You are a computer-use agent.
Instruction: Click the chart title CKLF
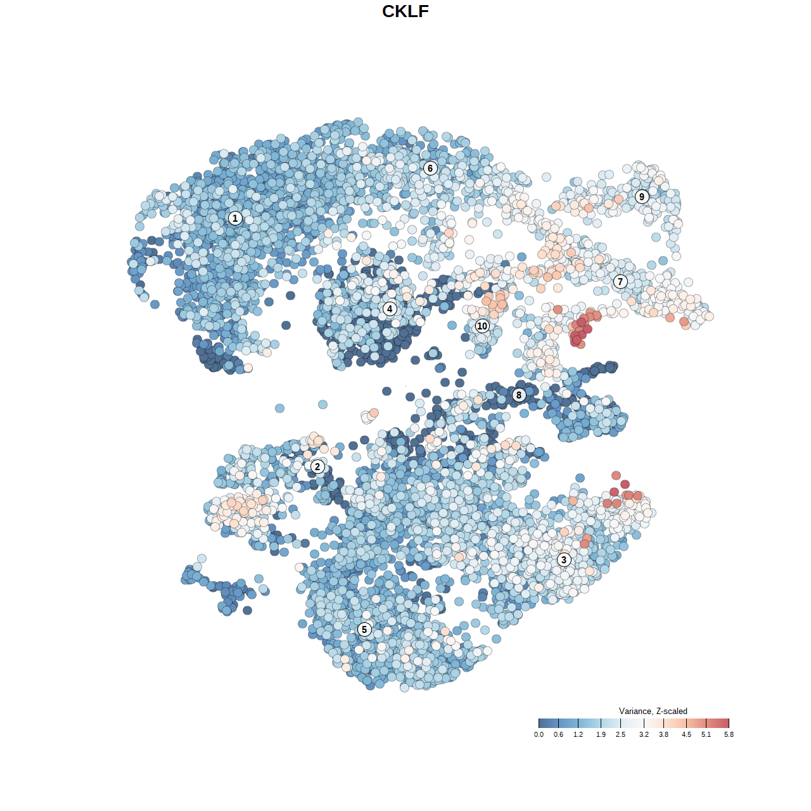pyautogui.click(x=405, y=11)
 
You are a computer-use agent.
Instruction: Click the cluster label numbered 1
pyautogui.click(x=235, y=218)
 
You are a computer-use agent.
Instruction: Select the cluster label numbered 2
pyautogui.click(x=317, y=467)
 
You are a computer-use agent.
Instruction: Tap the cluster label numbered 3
pyautogui.click(x=564, y=559)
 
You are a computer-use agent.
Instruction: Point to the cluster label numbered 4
pyautogui.click(x=390, y=309)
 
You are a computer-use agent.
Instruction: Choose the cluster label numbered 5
pyautogui.click(x=364, y=629)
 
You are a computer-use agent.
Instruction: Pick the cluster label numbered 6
pyautogui.click(x=430, y=168)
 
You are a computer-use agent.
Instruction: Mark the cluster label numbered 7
pyautogui.click(x=620, y=281)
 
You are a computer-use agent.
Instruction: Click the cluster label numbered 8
pyautogui.click(x=519, y=395)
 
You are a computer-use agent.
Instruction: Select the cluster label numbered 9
pyautogui.click(x=642, y=196)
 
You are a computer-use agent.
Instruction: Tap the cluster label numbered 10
pyautogui.click(x=482, y=326)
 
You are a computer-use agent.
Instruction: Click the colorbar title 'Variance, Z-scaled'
pyautogui.click(x=653, y=711)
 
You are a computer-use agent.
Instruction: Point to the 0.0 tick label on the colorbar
pyautogui.click(x=539, y=735)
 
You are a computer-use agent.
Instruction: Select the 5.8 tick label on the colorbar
pyautogui.click(x=729, y=735)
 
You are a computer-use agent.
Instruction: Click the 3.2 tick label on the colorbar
pyautogui.click(x=644, y=735)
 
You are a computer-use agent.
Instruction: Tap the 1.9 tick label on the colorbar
pyautogui.click(x=601, y=735)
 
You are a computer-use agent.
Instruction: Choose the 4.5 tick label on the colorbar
pyautogui.click(x=686, y=735)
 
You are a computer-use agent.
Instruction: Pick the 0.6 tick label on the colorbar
pyautogui.click(x=558, y=735)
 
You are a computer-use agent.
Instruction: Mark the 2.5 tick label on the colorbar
pyautogui.click(x=620, y=735)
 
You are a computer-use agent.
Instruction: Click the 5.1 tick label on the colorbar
pyautogui.click(x=706, y=735)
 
